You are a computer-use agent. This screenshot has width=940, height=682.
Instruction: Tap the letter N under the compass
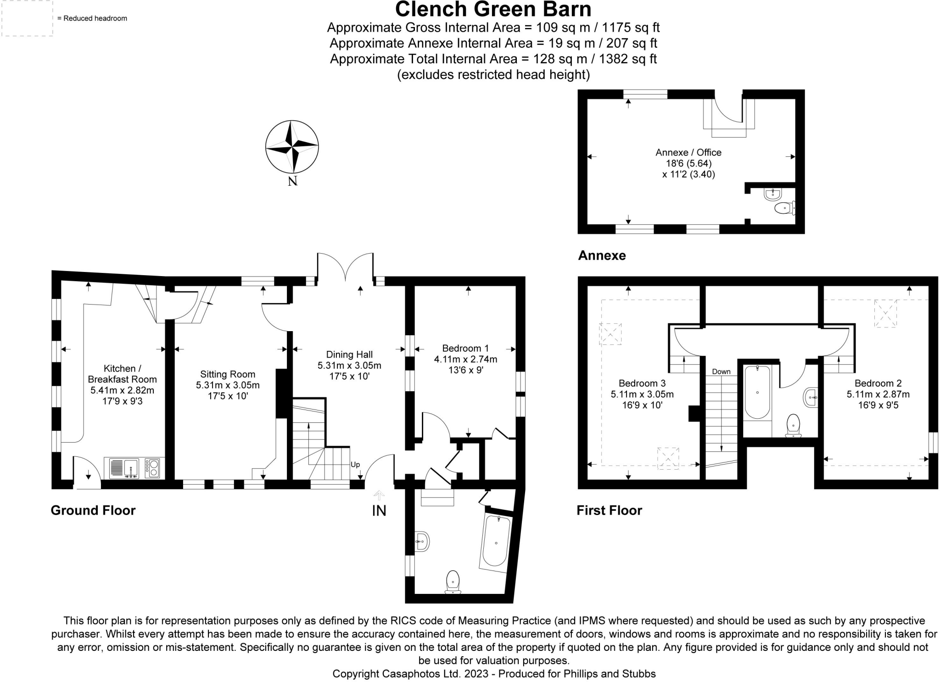pos(292,181)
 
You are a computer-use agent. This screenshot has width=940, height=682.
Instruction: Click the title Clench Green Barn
pos(493,9)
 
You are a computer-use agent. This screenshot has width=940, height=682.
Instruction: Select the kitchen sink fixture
pos(124,468)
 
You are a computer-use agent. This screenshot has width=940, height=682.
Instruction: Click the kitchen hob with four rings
pos(152,468)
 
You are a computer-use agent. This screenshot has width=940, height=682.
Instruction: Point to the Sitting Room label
pos(228,374)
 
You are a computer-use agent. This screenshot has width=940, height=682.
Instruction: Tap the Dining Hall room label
pos(349,354)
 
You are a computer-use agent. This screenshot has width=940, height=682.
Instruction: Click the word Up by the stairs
pos(355,465)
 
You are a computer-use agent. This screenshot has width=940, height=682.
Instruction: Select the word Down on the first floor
pos(721,371)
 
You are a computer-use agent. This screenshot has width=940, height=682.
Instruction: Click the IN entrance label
pos(379,510)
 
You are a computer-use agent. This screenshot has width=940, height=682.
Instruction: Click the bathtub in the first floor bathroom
pos(757,392)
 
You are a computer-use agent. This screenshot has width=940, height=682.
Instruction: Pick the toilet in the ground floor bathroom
pos(453,582)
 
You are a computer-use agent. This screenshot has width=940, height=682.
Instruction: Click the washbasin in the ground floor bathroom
pos(422,542)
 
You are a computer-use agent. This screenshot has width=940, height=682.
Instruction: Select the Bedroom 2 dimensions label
pos(878,399)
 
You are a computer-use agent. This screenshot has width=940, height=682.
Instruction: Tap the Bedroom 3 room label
pos(642,383)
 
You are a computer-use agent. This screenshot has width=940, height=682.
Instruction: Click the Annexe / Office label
pos(688,152)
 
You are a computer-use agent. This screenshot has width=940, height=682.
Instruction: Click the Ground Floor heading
pos(93,510)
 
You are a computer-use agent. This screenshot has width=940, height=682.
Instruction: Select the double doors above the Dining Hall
pos(345,268)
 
